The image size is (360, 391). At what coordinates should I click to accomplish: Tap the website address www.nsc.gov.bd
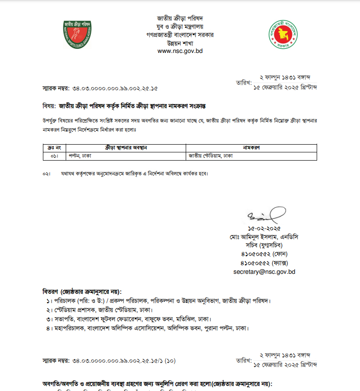[x=180, y=51]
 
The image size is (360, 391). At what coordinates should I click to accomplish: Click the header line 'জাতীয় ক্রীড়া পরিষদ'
[x=180, y=18]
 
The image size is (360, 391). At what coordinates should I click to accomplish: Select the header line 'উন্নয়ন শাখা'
[x=180, y=43]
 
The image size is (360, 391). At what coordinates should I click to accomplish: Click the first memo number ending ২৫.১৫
[x=100, y=88]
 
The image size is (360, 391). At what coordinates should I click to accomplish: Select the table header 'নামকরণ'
[x=251, y=148]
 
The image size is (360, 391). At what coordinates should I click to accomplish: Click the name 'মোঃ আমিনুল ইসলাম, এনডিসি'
[x=264, y=237]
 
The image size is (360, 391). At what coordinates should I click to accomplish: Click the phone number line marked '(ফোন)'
[x=264, y=254]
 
